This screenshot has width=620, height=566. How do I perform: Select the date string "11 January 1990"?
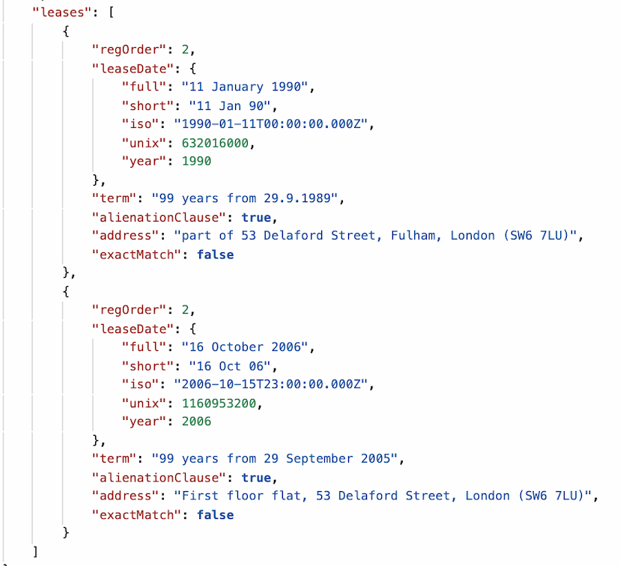coord(245,87)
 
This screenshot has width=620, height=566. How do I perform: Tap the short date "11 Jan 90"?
coord(230,106)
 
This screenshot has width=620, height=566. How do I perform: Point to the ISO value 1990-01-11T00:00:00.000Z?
coord(271,124)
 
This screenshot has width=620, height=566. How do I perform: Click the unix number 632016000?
coord(215,143)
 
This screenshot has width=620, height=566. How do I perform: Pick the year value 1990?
coord(196,161)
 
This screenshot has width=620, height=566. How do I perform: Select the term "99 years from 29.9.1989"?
coord(245,198)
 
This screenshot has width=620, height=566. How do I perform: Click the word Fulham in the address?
coord(415,236)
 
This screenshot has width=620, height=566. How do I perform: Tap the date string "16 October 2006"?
coord(245,347)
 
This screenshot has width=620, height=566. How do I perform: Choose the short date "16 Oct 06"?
coord(230,366)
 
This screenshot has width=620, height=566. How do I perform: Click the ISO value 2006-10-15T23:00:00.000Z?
coord(271,384)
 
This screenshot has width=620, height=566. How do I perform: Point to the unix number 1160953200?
coord(219,403)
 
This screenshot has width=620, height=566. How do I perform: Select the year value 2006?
coord(196,422)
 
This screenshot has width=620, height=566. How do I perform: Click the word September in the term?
coord(320,458)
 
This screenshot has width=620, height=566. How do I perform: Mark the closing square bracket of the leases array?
coord(35,551)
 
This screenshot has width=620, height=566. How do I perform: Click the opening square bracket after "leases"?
coord(112,12)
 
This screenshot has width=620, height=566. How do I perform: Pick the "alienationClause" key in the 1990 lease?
coord(159,217)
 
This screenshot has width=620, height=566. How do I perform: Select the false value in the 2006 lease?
coord(216,514)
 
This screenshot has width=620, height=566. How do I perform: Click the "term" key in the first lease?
coord(115,198)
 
